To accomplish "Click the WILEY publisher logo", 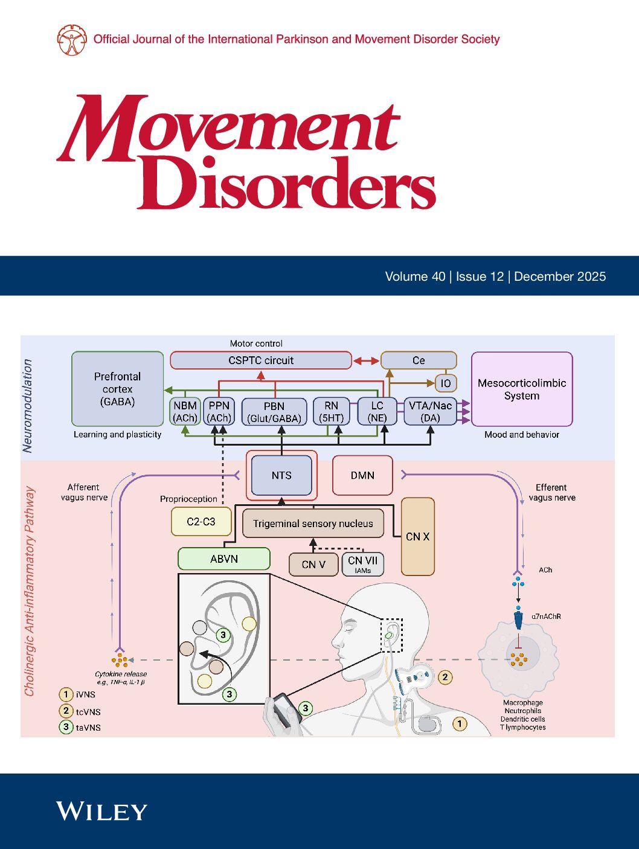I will coord(101,811).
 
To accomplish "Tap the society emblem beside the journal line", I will coord(72,40).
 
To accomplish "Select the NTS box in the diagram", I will coord(281,475).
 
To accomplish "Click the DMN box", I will coord(362,475).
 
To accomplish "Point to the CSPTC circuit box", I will coord(261,360).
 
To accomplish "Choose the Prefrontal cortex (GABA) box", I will coord(118,389).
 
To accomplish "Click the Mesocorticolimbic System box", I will coord(522,389).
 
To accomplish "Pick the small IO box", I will coord(445,383).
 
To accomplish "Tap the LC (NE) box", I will coord(377,412).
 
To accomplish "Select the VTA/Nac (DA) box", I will coord(430,412).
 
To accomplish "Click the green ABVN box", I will coord(224,559).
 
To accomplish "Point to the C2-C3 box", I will coord(201,522).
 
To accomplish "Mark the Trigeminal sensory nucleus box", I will coord(313,524).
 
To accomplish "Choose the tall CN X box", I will coord(418,536).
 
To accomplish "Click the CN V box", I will coord(313,565).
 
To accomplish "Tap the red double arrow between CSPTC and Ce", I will coord(366,360).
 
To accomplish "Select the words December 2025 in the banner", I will coord(560,277).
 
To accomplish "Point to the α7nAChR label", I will coord(546,617).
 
